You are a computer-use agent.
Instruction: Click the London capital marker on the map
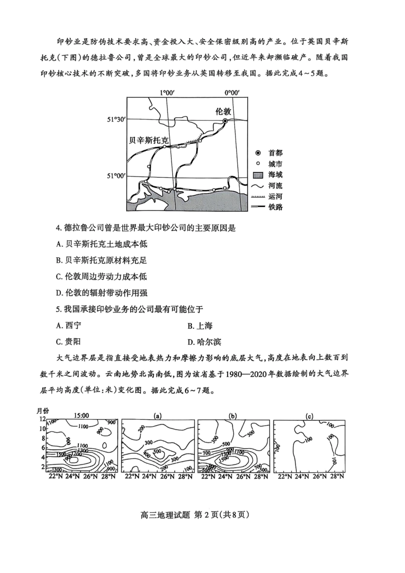click(225, 121)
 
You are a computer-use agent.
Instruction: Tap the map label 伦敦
click(223, 111)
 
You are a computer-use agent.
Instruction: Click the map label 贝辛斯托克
click(149, 140)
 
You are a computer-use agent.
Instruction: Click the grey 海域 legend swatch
click(258, 175)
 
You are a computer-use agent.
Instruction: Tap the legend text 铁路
click(275, 207)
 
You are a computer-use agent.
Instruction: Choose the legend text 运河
click(275, 196)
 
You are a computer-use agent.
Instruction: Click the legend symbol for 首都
click(258, 153)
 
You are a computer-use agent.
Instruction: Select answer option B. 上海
click(200, 326)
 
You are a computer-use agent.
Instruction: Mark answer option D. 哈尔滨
click(204, 342)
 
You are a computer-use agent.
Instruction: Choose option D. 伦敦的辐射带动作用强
click(102, 293)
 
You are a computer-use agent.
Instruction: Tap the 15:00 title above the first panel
click(81, 416)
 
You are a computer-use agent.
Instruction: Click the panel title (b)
click(233, 416)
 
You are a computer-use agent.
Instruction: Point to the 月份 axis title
click(43, 411)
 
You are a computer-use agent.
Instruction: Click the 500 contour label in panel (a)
click(157, 451)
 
